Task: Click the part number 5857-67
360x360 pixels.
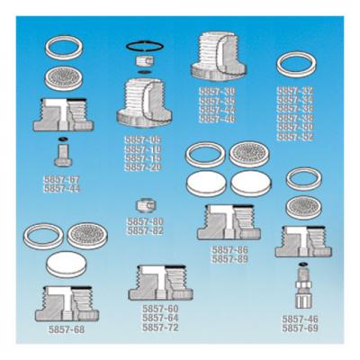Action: coord(61,180)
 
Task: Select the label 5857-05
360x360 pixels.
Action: coord(143,139)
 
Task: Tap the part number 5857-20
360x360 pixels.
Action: coord(143,167)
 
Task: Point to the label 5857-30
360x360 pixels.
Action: coord(217,91)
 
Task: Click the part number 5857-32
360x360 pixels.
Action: coord(294,91)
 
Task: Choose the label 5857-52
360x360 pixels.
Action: coord(294,137)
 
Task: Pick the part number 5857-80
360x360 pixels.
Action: coord(145,221)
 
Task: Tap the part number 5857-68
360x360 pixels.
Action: coord(67,329)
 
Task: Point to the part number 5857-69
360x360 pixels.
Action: coord(300,328)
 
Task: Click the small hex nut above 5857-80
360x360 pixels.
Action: coord(143,204)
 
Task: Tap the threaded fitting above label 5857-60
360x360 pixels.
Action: coord(161,282)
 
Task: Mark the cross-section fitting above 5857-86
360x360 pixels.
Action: coord(230,220)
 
